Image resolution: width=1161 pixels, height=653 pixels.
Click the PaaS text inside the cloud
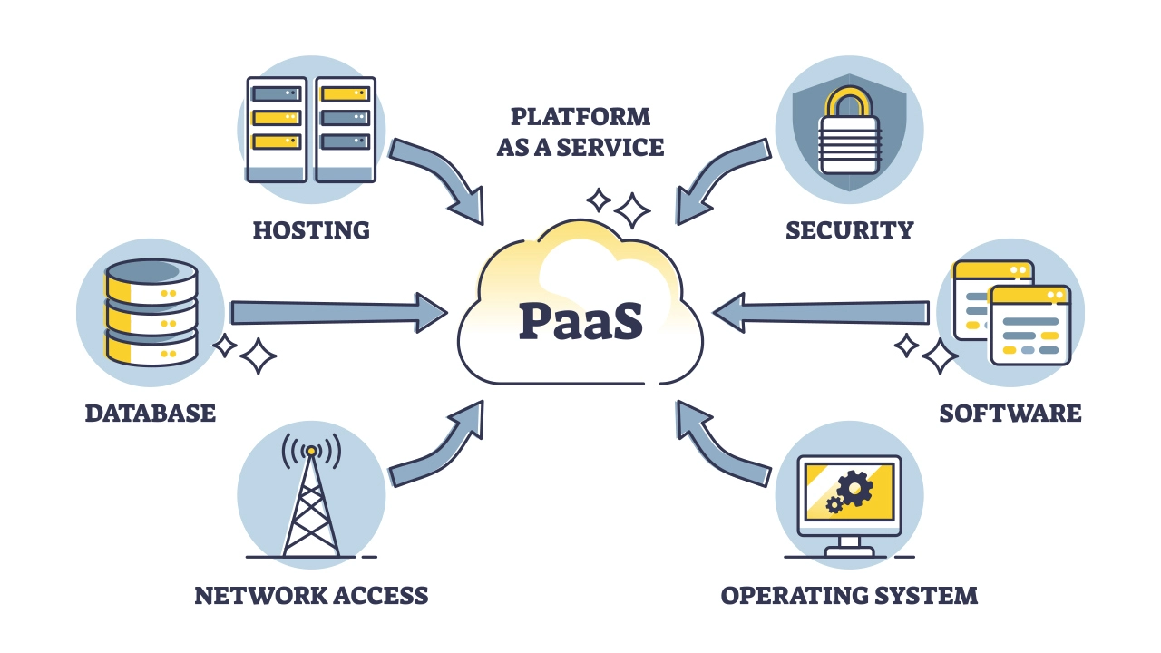[580, 321]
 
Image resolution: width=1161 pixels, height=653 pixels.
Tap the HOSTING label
[311, 229]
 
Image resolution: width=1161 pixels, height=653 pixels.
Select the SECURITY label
[849, 229]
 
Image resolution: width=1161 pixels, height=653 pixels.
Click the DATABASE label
[151, 414]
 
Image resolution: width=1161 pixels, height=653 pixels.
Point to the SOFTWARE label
[1010, 414]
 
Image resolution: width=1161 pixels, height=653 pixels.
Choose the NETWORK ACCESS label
[311, 596]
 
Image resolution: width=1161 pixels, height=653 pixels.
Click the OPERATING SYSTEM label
[849, 596]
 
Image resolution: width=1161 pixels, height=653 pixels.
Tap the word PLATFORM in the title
[580, 117]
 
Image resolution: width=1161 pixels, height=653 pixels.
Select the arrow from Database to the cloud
[336, 313]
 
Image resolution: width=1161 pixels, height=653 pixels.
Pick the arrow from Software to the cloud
[821, 313]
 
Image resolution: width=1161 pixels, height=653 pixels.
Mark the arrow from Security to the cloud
[717, 177]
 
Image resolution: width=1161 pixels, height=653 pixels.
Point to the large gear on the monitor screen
[854, 490]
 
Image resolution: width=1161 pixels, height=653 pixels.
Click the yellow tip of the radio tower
[311, 450]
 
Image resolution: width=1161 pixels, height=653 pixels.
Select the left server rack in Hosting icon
[276, 127]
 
